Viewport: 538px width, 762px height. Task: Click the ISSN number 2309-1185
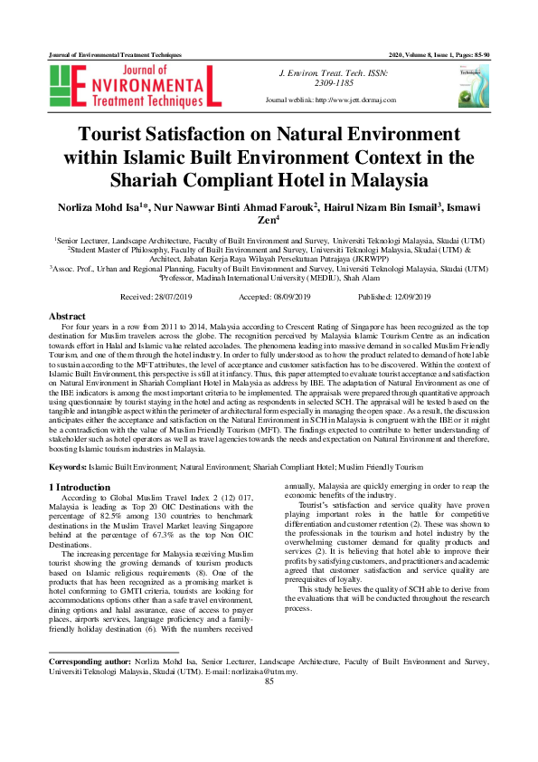pyautogui.click(x=335, y=82)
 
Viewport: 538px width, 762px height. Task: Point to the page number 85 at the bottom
pyautogui.click(x=269, y=732)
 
